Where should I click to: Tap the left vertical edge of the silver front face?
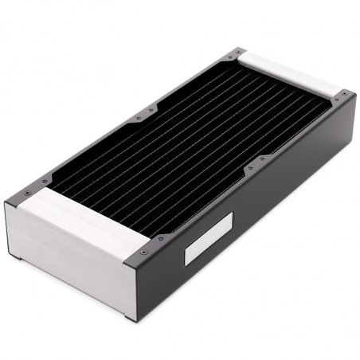pyautogui.click(x=6, y=231)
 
